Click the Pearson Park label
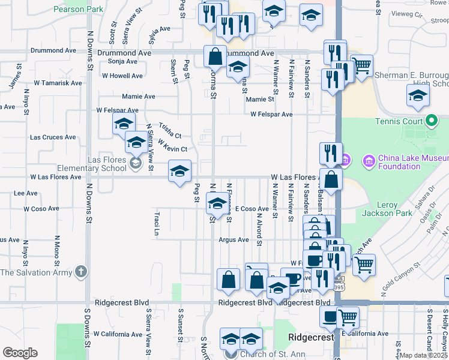tap(78, 9)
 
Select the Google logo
tap(20, 353)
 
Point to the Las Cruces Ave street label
tap(53, 137)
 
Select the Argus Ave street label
tap(234, 240)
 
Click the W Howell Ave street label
tap(122, 76)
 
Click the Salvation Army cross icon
tap(80, 272)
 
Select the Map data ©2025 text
tap(423, 355)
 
